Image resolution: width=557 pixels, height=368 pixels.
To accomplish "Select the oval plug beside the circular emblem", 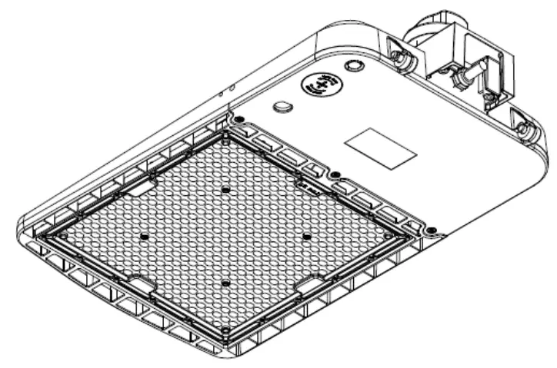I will pos(284,104).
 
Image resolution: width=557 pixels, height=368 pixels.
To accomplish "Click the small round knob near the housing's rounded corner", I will pos(354,66).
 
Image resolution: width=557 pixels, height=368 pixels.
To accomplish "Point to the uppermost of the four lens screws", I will pos(225,189).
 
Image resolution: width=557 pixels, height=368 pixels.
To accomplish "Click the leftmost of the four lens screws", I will pos(144,237).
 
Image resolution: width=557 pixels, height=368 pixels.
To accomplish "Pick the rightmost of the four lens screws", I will pos(306,236).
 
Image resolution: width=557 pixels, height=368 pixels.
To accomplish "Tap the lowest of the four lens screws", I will pos(225,283).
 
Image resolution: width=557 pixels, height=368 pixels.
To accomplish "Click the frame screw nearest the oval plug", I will pos(239,119).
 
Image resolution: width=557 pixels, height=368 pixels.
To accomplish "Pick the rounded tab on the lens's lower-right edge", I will pos(311,285).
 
